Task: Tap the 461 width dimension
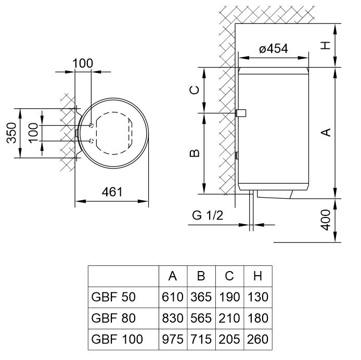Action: click(112, 191)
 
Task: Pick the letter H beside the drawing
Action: click(326, 45)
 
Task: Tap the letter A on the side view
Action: click(326, 133)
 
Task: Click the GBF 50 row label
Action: click(113, 297)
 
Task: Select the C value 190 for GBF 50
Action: click(229, 297)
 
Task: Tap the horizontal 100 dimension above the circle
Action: click(83, 63)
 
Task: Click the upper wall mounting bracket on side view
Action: click(241, 113)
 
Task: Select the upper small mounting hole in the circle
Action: click(92, 125)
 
